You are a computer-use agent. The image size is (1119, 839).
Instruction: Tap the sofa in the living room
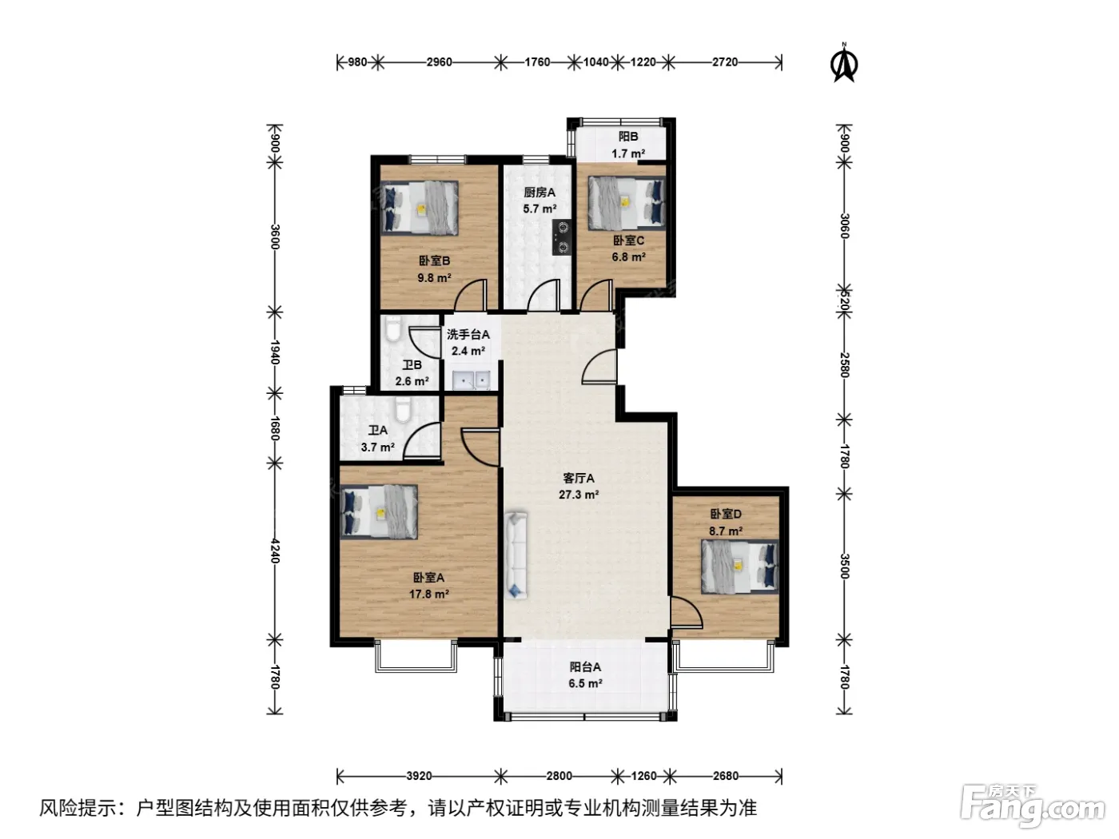click(516, 555)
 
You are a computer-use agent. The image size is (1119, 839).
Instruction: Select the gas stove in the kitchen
click(563, 237)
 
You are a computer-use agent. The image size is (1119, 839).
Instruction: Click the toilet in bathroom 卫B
click(393, 328)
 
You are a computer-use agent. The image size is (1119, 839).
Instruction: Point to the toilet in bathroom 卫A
click(403, 410)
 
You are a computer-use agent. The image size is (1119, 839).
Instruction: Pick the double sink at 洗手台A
click(471, 380)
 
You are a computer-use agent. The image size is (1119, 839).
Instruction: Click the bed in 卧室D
click(739, 567)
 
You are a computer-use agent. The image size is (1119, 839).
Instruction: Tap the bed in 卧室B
click(420, 208)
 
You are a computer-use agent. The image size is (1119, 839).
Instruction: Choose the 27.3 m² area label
click(578, 494)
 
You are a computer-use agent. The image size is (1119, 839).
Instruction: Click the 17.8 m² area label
click(428, 594)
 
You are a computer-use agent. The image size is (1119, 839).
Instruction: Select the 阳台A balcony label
click(585, 666)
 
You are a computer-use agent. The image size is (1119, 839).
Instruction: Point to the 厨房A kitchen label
click(540, 192)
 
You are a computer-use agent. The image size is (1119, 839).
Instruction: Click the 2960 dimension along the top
click(439, 62)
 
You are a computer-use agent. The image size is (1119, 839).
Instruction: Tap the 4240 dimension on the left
click(275, 551)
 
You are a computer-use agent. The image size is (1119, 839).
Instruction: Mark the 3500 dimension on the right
click(844, 566)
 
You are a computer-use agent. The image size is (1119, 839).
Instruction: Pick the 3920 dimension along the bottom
click(419, 776)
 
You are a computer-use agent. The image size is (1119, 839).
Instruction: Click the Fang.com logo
click(1033, 806)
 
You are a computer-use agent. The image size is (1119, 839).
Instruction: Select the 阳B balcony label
click(628, 137)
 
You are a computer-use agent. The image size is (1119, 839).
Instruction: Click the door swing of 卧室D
click(686, 610)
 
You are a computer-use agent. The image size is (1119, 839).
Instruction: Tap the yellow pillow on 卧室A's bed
click(380, 513)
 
